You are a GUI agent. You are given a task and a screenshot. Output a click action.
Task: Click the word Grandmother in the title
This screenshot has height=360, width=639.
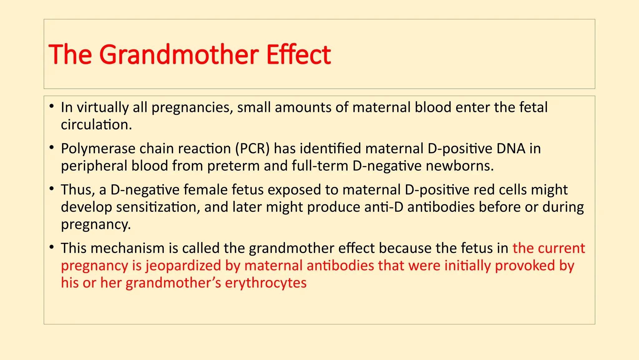178,55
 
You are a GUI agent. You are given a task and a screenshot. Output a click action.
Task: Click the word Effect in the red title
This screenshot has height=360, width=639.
298,55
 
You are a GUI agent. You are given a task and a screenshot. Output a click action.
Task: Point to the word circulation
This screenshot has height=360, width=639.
96,125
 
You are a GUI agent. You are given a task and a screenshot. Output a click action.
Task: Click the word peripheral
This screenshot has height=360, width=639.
94,166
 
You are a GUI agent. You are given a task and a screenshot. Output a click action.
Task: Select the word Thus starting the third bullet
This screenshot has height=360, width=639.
78,190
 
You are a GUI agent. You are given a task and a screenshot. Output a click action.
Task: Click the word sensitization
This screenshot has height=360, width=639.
158,207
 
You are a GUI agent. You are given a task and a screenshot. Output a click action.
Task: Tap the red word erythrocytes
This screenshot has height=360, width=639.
266,283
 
